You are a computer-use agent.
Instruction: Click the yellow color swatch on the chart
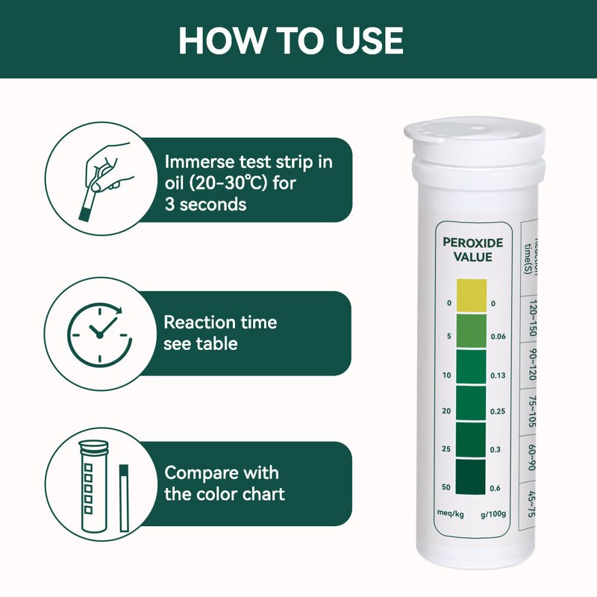point(471,295)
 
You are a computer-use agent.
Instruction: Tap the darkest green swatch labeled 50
point(471,476)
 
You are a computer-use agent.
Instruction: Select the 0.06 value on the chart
point(498,337)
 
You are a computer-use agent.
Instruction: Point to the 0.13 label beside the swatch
point(498,375)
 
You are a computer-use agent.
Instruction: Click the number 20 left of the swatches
point(446,411)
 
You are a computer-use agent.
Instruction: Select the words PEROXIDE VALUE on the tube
point(472,250)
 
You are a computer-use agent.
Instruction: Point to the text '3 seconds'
point(205,204)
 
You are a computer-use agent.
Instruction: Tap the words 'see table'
point(200,343)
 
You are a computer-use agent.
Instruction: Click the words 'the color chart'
point(224,493)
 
